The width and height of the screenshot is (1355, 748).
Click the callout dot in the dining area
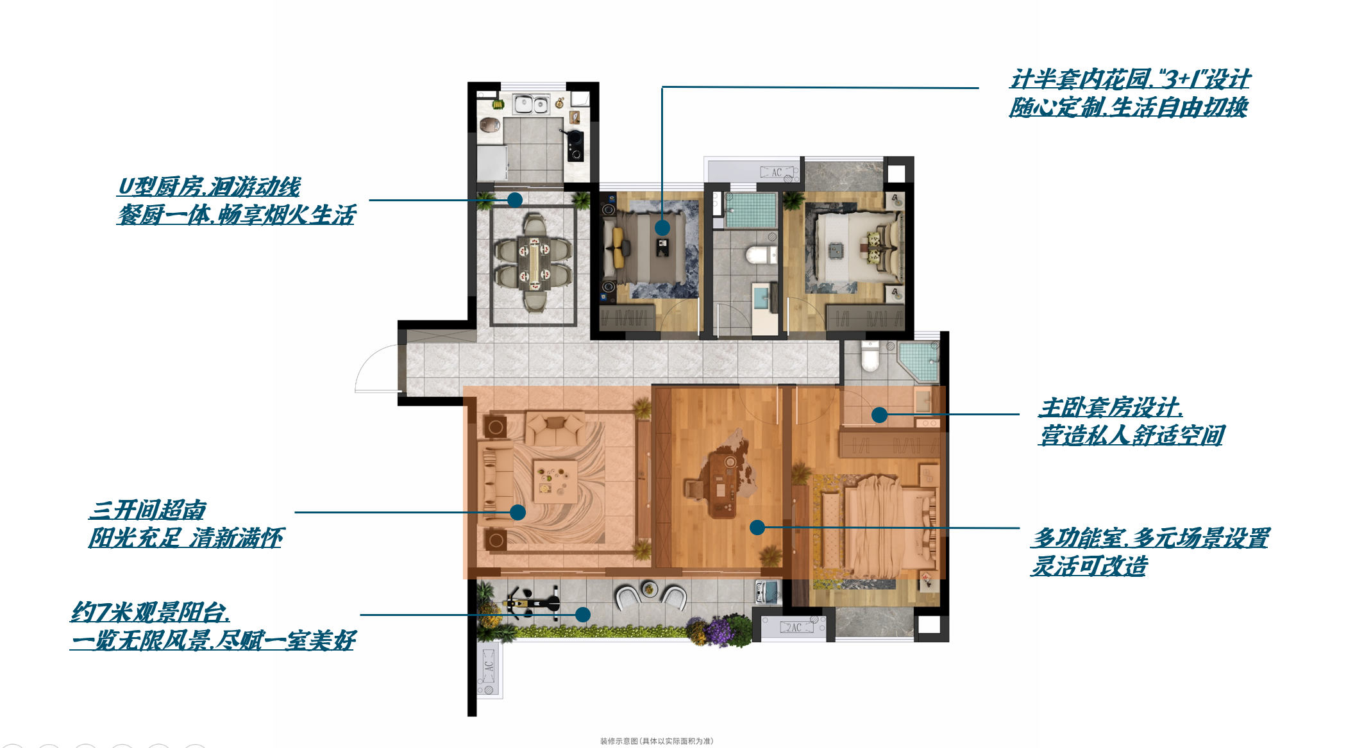pyautogui.click(x=514, y=200)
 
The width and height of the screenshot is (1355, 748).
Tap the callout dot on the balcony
pyautogui.click(x=582, y=615)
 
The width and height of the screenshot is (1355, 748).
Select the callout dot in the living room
pyautogui.click(x=518, y=512)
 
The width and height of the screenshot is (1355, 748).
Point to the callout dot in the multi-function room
pyautogui.click(x=757, y=528)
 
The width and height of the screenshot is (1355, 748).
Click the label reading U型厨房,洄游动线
pyautogui.click(x=209, y=187)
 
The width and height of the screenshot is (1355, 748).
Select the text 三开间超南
pyautogui.click(x=147, y=510)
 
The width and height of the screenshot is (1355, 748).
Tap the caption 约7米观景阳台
pyautogui.click(x=150, y=612)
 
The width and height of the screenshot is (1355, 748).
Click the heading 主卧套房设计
pyautogui.click(x=1111, y=407)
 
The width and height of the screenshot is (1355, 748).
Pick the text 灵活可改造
pyautogui.click(x=1089, y=566)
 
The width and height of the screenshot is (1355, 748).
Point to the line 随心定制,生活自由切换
pyautogui.click(x=1129, y=107)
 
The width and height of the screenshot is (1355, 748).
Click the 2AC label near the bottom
pyautogui.click(x=794, y=627)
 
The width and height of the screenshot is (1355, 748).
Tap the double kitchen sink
pyautogui.click(x=531, y=104)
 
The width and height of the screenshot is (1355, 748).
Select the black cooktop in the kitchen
pyautogui.click(x=575, y=145)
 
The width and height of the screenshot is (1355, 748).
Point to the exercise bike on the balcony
pyautogui.click(x=532, y=603)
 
